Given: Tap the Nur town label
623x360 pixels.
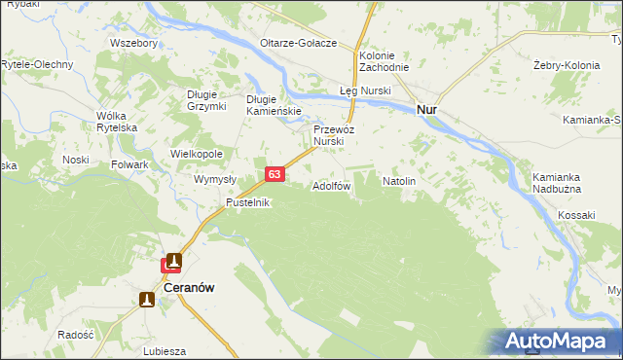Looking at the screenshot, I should (426, 110).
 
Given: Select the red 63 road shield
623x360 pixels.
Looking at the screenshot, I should (275, 174).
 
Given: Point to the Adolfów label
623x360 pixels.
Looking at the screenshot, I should (331, 185).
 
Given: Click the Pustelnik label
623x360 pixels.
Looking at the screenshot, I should (247, 202).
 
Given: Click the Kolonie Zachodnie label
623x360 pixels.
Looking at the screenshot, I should (383, 62).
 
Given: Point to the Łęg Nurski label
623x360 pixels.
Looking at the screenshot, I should (364, 90).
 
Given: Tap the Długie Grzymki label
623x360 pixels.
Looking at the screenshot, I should (206, 100).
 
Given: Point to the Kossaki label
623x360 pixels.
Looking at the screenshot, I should (576, 213).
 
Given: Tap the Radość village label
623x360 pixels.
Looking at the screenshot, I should (75, 334).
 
